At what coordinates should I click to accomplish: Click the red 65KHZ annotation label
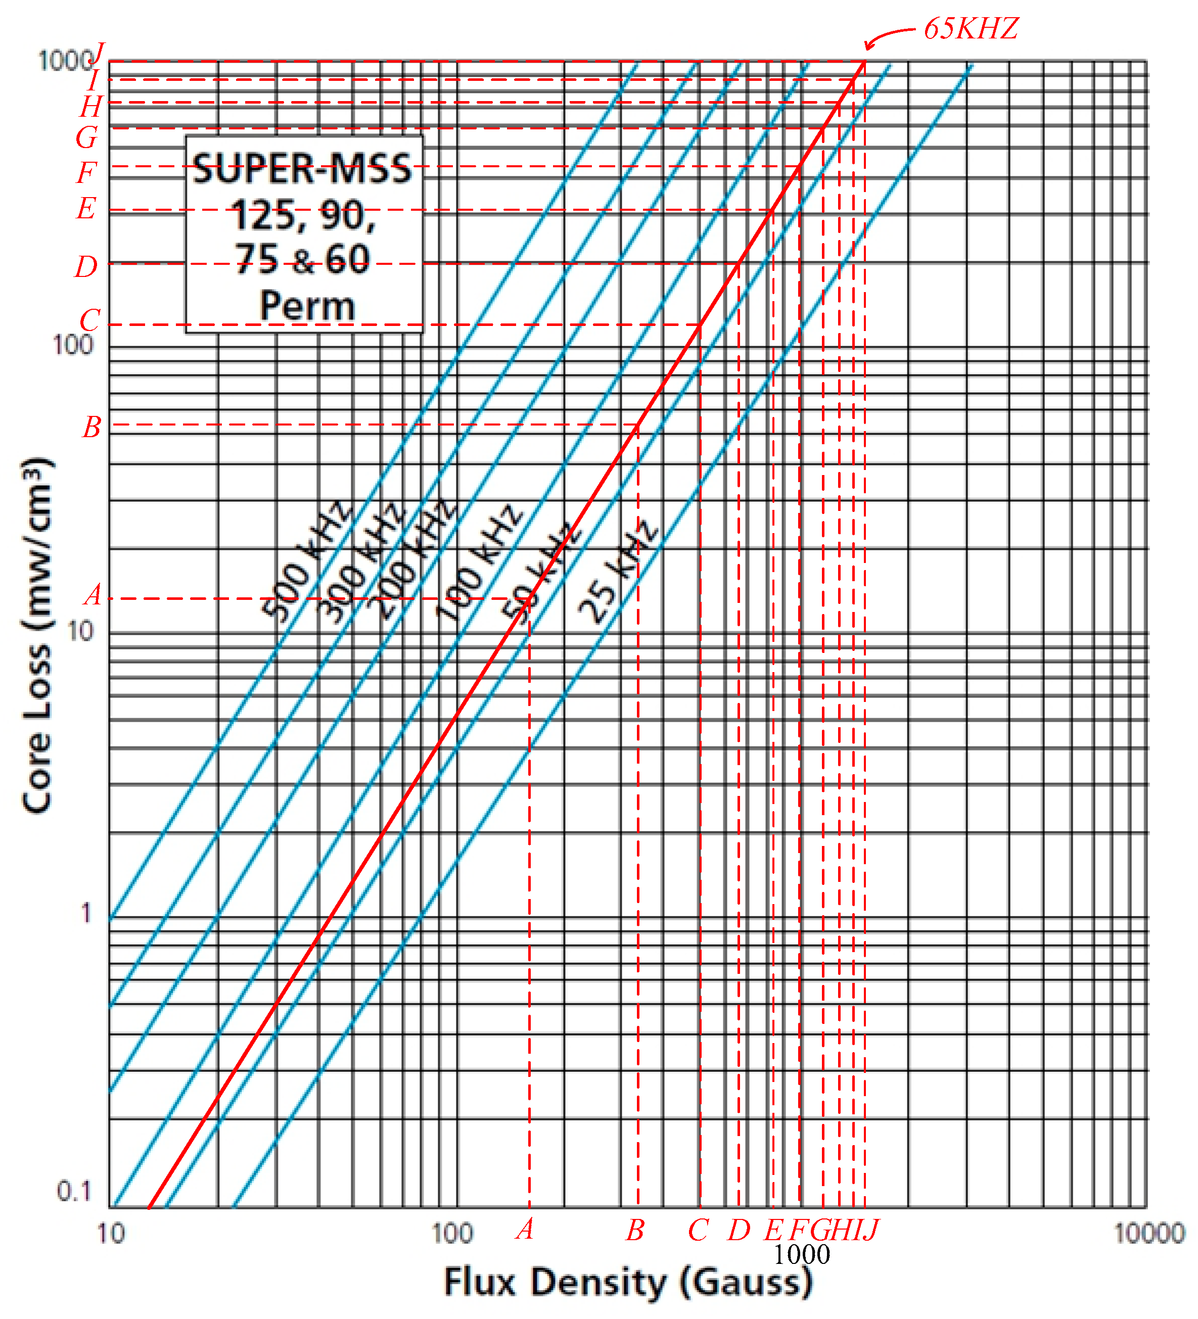[971, 29]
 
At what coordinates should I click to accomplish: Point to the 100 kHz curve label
[479, 562]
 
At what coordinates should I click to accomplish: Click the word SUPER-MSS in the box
[302, 169]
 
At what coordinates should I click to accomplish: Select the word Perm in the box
[307, 306]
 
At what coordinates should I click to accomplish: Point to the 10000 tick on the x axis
[1149, 1233]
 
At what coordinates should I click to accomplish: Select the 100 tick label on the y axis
[73, 345]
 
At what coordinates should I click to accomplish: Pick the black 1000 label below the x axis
[802, 1254]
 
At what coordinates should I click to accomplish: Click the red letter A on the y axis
[93, 595]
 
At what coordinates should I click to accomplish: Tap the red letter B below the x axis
[635, 1231]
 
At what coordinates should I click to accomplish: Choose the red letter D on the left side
[86, 267]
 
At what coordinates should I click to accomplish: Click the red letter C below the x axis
[698, 1231]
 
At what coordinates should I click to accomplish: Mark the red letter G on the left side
[86, 137]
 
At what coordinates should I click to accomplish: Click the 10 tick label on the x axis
[111, 1233]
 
